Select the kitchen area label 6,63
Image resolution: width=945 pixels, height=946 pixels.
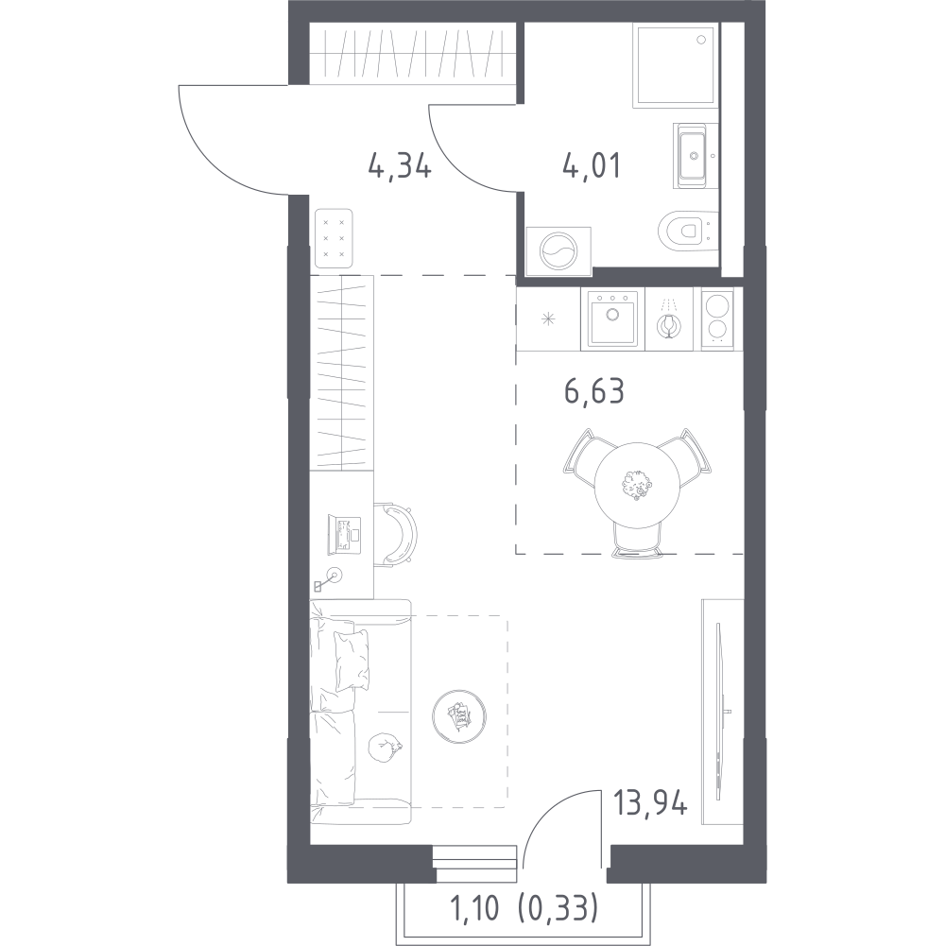594,390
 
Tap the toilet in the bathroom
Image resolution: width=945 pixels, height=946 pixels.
685,230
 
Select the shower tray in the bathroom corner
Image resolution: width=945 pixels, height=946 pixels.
674,66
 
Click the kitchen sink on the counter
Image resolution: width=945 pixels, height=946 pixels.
611,318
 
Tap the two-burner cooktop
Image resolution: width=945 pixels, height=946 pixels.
718,318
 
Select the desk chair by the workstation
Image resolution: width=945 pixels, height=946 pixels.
396,534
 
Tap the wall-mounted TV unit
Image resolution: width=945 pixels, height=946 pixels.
720,710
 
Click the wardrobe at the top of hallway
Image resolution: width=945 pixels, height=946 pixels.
417,55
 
